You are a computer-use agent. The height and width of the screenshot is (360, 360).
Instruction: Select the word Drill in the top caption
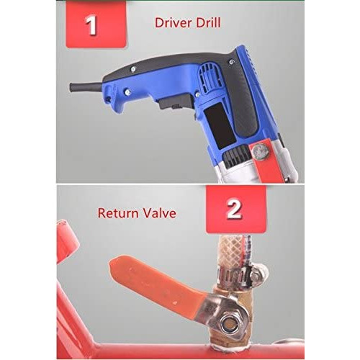click(x=208, y=23)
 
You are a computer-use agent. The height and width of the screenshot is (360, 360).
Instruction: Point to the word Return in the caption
click(x=118, y=213)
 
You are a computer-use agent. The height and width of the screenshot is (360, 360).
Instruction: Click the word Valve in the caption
click(x=159, y=213)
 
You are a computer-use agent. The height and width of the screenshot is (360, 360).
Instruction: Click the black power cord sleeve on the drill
click(x=86, y=87)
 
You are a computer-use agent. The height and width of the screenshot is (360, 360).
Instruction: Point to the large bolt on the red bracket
click(x=261, y=151)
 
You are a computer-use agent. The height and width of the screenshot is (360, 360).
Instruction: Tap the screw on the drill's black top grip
click(x=132, y=70)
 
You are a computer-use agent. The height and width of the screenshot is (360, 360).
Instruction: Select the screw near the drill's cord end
click(x=127, y=91)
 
